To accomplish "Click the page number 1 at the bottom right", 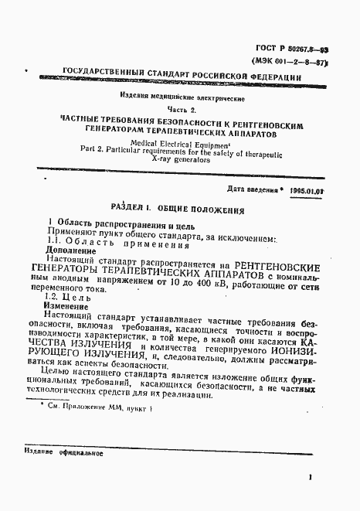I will pos(308,479).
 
